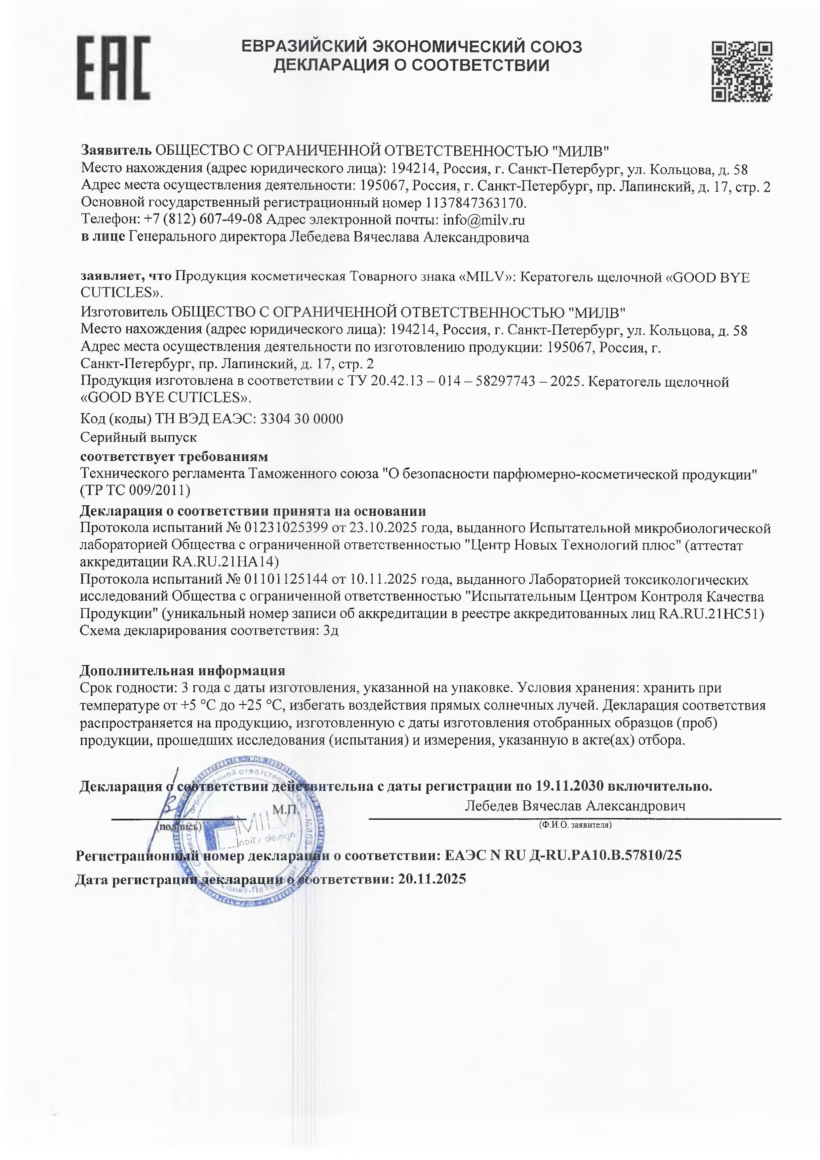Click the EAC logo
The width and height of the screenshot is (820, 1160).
[x=113, y=68]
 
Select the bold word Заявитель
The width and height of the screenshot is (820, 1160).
[x=116, y=150]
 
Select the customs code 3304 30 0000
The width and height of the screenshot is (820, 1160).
[x=301, y=419]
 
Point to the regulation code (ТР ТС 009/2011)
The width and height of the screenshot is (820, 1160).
[x=136, y=490]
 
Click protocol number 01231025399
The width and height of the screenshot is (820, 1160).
[x=286, y=528]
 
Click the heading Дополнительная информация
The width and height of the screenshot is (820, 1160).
[x=183, y=670]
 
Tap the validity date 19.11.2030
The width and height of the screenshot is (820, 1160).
[x=569, y=786]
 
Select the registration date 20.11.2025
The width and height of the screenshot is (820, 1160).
[x=432, y=879]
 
